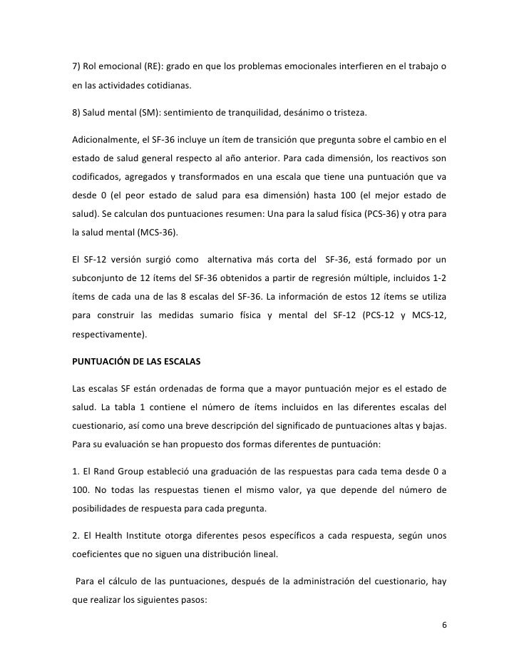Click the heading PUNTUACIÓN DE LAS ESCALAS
(136, 362)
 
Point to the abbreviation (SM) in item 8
(155, 113)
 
